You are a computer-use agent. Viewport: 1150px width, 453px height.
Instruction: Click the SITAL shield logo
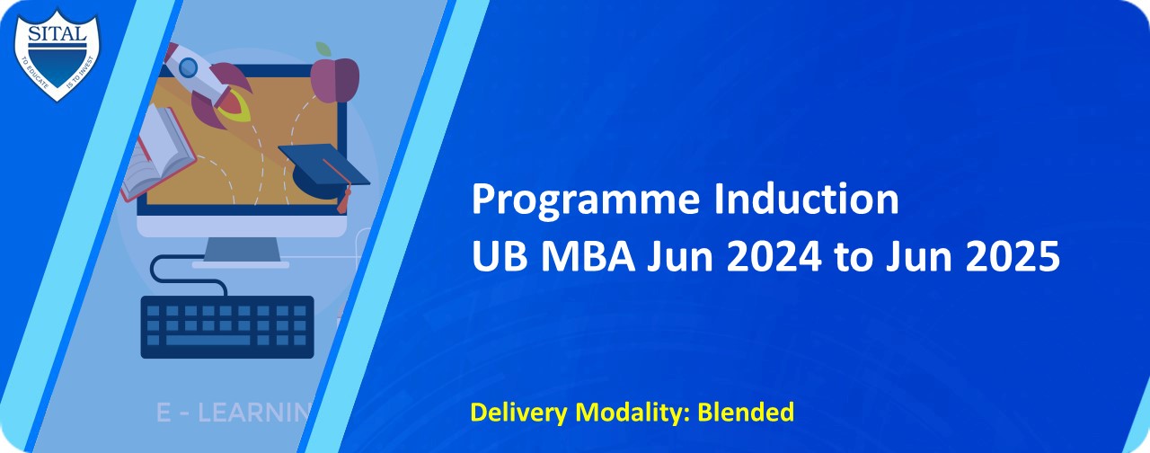pyautogui.click(x=57, y=52)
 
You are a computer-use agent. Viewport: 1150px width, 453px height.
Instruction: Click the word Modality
pyautogui.click(x=637, y=413)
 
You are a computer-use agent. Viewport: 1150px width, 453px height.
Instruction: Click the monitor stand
pyautogui.click(x=240, y=251)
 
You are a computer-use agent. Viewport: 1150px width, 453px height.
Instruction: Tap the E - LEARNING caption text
pyautogui.click(x=234, y=413)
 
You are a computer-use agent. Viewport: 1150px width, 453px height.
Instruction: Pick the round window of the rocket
pyautogui.click(x=188, y=67)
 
